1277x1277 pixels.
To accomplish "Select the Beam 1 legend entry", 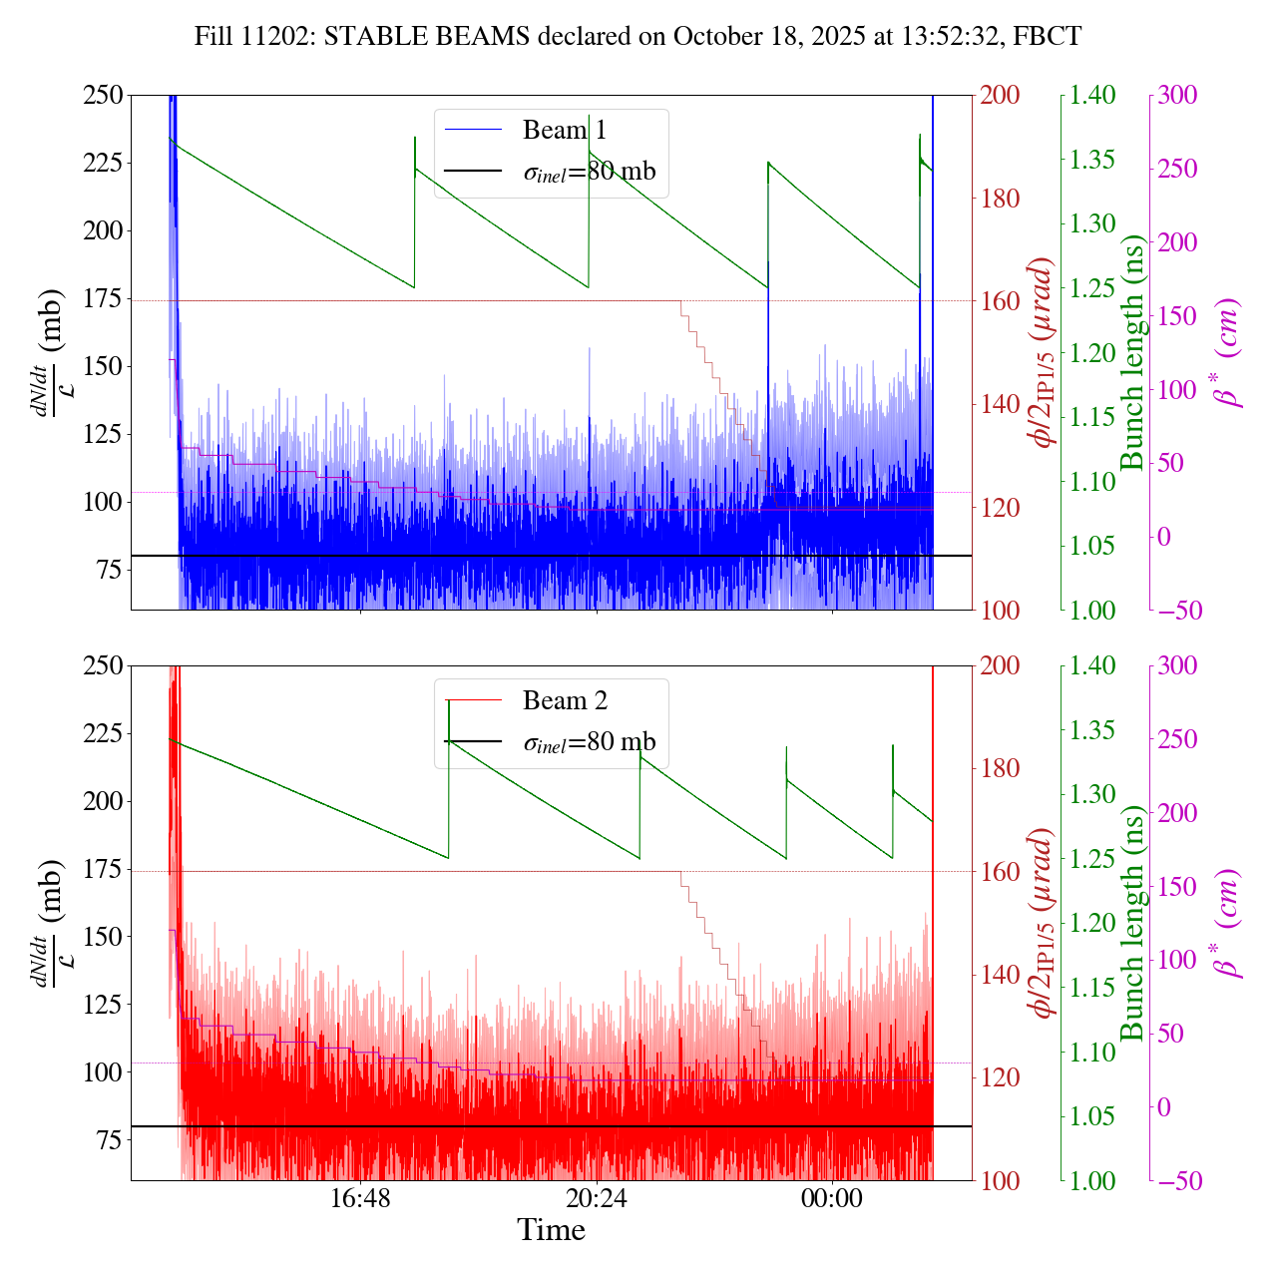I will click(x=564, y=131).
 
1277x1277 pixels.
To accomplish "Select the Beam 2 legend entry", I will click(x=564, y=701).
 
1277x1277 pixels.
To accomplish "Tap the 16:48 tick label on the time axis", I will click(x=360, y=1198).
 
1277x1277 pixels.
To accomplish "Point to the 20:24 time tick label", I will click(x=596, y=1198).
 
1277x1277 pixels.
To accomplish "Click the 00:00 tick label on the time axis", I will click(x=832, y=1198).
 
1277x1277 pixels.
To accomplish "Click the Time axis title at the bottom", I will click(x=551, y=1230).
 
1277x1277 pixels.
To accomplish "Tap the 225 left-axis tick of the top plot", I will click(x=102, y=163).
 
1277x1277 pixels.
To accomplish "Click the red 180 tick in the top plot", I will click(x=1002, y=199).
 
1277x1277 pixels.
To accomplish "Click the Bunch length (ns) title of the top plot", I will click(x=1132, y=352).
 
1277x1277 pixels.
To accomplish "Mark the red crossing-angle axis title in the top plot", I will click(x=1044, y=352).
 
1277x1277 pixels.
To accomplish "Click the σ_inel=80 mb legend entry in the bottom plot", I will click(x=589, y=742).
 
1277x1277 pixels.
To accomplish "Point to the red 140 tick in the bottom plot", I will click(x=1002, y=975).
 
